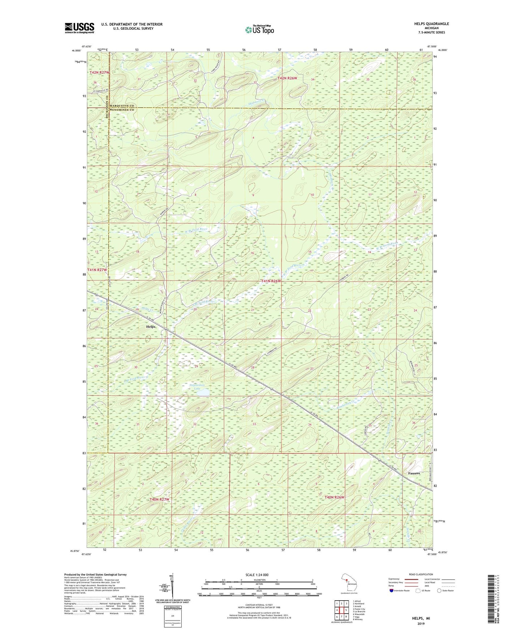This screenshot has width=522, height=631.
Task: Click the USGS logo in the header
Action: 79,28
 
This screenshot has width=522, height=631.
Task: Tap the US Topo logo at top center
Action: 259,30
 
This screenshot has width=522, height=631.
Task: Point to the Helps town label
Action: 151,326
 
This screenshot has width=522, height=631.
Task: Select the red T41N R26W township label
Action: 271,281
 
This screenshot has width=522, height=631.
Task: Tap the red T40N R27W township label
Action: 159,499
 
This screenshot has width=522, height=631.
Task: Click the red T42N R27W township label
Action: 99,73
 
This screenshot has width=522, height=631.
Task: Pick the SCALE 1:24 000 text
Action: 256,575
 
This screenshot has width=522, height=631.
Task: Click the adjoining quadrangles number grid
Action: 341,610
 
